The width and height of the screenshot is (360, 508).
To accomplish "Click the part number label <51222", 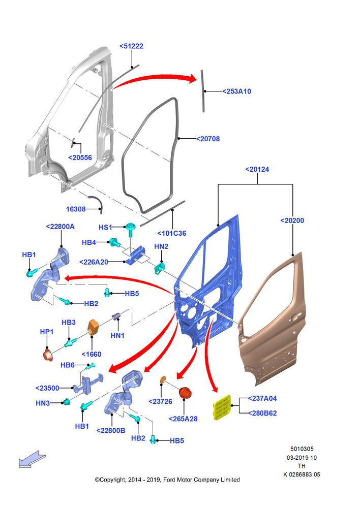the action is coord(131,46).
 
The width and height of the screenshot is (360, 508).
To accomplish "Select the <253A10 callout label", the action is coord(237,91).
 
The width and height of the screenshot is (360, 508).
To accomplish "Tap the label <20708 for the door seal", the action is coord(208,139).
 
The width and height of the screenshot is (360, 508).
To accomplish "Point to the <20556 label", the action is coord(80,157).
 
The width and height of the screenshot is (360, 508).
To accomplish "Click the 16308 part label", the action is coord(76,209).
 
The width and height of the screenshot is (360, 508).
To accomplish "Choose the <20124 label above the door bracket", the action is coord(257,169).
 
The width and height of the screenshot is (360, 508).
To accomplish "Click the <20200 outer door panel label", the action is coord(292,220).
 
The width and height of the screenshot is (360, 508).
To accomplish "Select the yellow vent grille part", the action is coord(222,407).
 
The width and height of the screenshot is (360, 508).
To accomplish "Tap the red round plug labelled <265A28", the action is coord(185,393).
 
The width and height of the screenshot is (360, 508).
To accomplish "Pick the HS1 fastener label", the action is coord(105,227).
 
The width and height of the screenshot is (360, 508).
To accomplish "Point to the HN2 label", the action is coord(161,246).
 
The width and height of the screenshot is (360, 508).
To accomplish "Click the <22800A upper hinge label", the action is coord(61,227).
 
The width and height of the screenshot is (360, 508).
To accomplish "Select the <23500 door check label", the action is coord(47,388).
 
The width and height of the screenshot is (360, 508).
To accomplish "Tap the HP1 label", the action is coord(47,332).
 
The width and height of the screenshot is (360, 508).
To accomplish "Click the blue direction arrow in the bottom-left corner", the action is coord(32,459).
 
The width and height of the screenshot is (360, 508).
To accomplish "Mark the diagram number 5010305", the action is coord(302,449).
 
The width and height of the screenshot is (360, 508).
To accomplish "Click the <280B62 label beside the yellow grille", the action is coord(262,413).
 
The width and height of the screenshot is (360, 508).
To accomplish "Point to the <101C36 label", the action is coord(172,233).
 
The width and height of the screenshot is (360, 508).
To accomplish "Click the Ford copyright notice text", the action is coord(167,480).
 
